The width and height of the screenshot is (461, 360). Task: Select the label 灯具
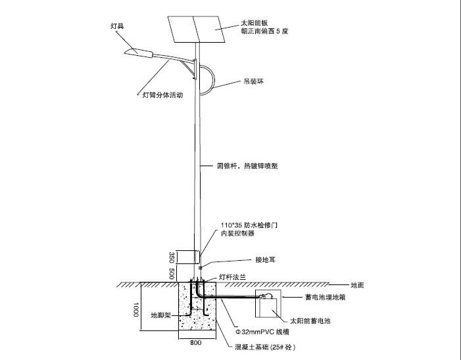(x=118, y=27)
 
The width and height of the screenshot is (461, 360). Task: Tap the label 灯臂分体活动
(x=162, y=95)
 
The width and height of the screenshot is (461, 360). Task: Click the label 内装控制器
(x=237, y=233)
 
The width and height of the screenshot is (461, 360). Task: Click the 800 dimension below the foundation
(x=196, y=343)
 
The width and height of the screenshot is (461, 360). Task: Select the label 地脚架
(x=161, y=315)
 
